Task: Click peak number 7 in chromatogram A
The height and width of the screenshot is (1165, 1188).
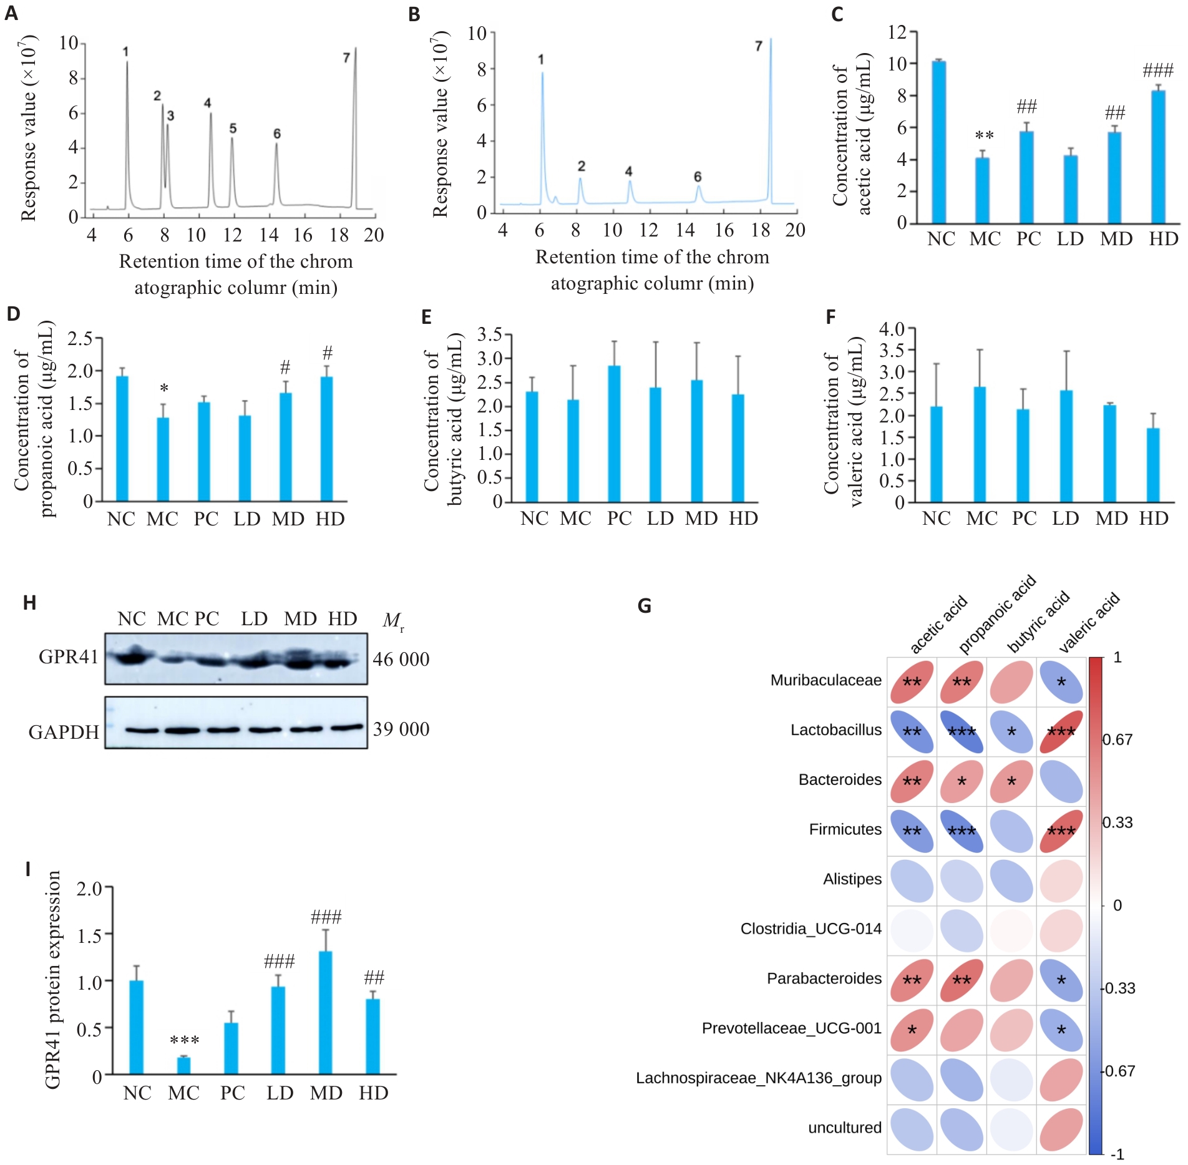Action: tap(355, 125)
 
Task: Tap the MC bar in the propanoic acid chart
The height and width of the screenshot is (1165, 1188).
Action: tap(162, 459)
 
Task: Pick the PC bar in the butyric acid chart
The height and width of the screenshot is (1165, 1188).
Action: tap(614, 434)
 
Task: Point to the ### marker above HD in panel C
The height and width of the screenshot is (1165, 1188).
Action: tap(1157, 71)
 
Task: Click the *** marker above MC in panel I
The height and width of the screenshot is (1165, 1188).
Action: tap(184, 1040)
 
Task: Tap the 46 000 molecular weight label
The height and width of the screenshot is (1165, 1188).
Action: tap(401, 660)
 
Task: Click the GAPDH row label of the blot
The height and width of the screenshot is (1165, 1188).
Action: tap(64, 732)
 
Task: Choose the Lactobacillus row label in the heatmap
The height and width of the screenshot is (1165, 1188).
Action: tap(835, 730)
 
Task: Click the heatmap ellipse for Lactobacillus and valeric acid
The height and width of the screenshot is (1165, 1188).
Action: tap(1061, 731)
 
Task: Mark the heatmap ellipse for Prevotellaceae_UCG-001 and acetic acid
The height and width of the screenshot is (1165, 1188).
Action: tap(912, 1030)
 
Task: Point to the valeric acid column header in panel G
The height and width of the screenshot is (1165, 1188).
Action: tap(1089, 623)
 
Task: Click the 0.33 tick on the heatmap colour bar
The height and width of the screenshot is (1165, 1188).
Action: tap(1117, 823)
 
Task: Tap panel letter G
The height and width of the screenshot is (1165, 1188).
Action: tap(645, 606)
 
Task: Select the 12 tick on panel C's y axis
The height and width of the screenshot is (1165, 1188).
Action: tap(897, 32)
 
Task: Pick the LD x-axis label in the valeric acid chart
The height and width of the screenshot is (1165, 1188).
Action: tap(1065, 519)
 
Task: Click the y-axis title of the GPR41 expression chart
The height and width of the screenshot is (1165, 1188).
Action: tap(54, 980)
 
